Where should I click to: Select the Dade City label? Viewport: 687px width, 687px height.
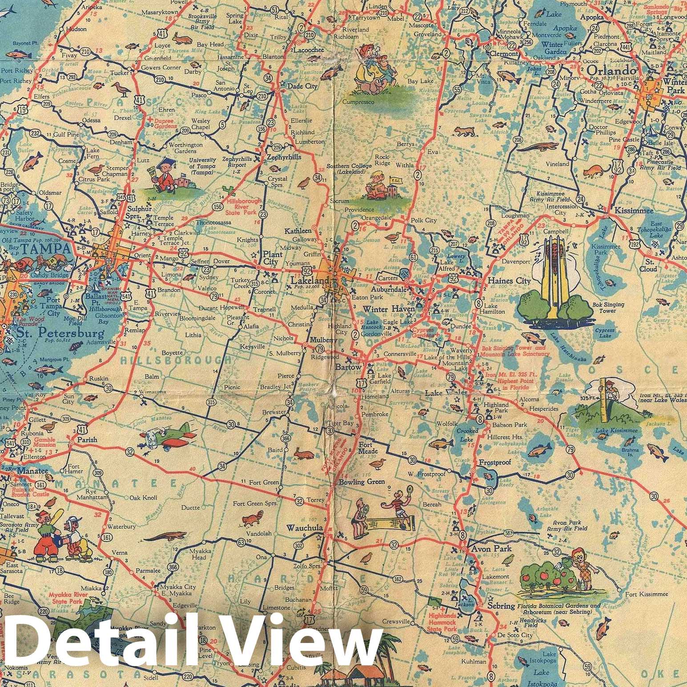302,86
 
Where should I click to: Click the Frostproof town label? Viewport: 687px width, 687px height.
494,462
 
